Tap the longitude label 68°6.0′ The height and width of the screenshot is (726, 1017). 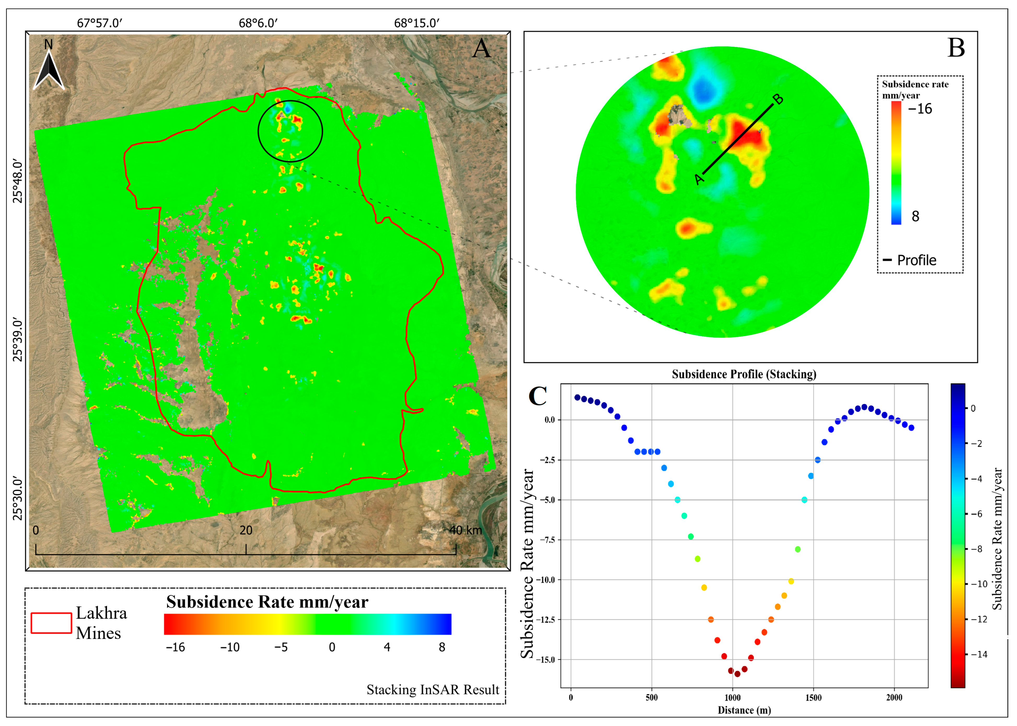pyautogui.click(x=258, y=23)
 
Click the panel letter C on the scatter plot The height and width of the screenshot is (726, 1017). pyautogui.click(x=537, y=396)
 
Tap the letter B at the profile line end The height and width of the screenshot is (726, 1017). pyautogui.click(x=778, y=99)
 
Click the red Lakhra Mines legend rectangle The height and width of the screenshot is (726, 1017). pyautogui.click(x=51, y=623)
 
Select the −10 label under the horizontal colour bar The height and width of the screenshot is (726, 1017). pyautogui.click(x=230, y=647)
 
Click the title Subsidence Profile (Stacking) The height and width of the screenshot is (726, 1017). pyautogui.click(x=744, y=374)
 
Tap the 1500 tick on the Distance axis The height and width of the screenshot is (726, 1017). pyautogui.click(x=813, y=698)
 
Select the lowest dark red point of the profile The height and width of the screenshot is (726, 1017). pyautogui.click(x=737, y=674)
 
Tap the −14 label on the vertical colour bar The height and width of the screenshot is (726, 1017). pyautogui.click(x=979, y=654)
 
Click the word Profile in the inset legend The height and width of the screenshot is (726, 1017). pyautogui.click(x=916, y=260)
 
